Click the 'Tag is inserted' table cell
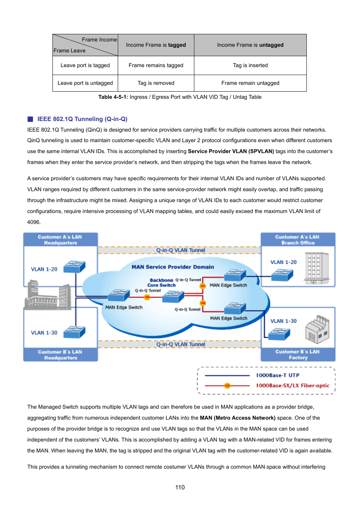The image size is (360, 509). pos(250,65)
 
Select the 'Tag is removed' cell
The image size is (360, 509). pos(156,83)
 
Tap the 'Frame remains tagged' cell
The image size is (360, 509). pos(156,65)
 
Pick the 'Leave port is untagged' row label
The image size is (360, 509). pos(85,83)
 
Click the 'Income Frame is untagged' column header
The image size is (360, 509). pos(250,45)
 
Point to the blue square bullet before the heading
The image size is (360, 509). pos(30,119)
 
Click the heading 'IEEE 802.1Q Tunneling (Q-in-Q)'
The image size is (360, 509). pos(82,119)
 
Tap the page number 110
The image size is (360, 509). pos(180,487)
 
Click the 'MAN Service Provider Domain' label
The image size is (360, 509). pos(173,267)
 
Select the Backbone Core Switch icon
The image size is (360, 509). pos(173,297)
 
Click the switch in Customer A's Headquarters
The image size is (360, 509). pos(74,267)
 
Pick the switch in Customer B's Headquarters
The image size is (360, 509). pos(74,332)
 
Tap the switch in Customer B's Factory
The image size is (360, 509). pos(279,334)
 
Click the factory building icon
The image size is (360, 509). pos(317,329)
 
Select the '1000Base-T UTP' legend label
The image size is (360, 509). pos(277,375)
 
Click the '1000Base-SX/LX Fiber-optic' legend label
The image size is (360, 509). pos(292,385)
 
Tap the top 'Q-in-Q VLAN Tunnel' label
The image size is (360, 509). pos(181,250)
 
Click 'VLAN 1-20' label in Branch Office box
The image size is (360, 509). pos(283,262)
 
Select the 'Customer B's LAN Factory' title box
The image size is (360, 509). pos(298,354)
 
